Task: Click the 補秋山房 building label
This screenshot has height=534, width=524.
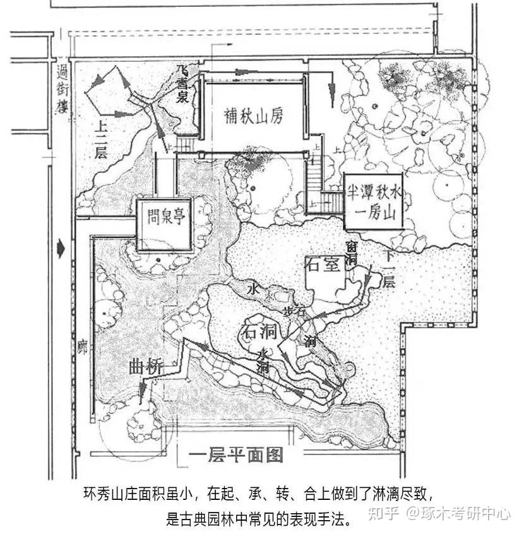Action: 253,116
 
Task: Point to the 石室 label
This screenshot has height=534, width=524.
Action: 322,264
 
